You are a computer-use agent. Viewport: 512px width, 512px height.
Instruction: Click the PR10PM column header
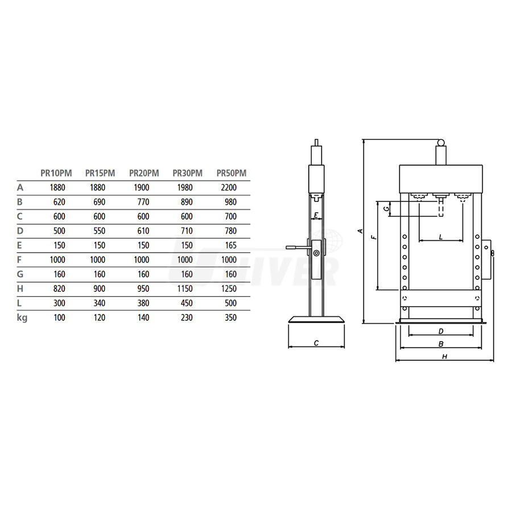tap(56, 173)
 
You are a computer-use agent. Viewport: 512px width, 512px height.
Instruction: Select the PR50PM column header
tap(232, 173)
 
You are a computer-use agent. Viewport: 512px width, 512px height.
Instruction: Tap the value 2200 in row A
tap(229, 187)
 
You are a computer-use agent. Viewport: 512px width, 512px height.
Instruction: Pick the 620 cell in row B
tap(59, 202)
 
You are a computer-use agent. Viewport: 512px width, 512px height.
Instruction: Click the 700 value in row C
tap(230, 216)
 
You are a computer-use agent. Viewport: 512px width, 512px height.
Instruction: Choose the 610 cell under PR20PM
tap(143, 231)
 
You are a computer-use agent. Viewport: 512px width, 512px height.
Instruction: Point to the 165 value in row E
tap(230, 245)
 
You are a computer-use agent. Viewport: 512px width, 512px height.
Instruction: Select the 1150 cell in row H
tap(185, 288)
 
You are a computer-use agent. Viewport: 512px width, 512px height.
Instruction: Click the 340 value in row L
tap(99, 303)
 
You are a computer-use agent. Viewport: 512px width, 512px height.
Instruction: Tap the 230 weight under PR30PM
tap(187, 317)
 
